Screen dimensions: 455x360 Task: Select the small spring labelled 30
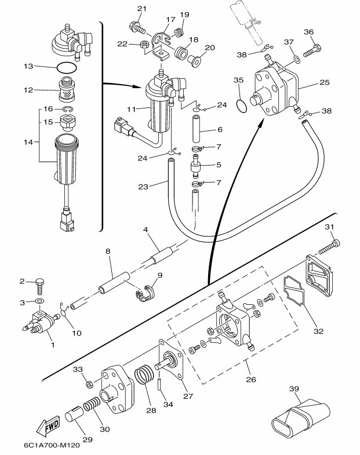[92, 408]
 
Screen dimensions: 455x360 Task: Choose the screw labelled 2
[41, 284]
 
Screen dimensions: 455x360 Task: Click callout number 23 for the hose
[143, 187]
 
